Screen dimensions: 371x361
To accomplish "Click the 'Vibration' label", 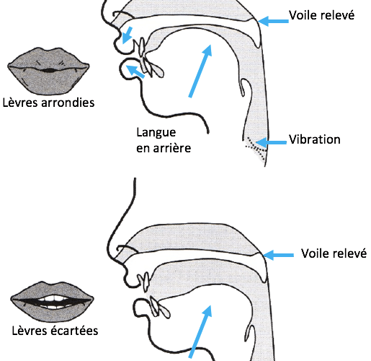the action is point(314,139).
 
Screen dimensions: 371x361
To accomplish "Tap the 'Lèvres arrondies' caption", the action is point(48,103).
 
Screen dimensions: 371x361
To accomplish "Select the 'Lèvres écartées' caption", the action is point(55,331).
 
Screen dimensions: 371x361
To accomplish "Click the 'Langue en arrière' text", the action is point(164,140).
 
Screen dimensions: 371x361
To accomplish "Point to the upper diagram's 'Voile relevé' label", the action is point(321,15).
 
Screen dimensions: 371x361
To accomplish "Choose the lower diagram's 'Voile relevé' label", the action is point(334,253).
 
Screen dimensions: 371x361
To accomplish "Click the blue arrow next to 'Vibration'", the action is point(271,142).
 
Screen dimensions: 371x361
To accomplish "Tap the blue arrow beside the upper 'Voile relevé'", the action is point(273,21).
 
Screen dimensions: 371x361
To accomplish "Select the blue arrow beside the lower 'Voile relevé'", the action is point(278,255).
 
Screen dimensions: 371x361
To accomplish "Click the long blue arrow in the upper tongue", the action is point(200,71).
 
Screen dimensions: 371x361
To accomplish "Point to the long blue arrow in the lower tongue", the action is point(200,331).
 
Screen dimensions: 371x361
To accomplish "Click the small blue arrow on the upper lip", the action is point(127,35).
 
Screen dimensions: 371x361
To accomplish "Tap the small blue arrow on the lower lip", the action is point(135,71).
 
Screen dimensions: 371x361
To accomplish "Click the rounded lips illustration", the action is point(48,71).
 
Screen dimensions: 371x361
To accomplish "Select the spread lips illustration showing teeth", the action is point(52,302).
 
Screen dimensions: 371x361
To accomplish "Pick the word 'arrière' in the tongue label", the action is point(172,148).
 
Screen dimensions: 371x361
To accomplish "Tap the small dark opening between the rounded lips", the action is point(49,71).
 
